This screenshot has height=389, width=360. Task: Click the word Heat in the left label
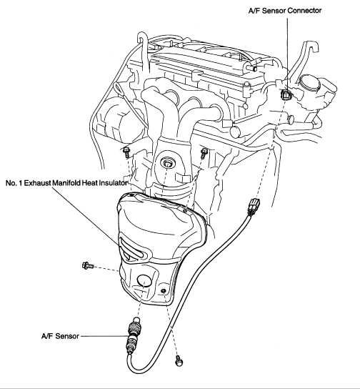90,183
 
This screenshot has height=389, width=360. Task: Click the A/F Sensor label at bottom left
60,336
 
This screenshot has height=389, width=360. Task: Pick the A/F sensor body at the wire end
134,335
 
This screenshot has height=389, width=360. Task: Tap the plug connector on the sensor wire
253,206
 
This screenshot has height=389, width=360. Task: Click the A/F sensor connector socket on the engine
286,94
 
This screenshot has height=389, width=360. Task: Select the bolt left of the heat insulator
87,266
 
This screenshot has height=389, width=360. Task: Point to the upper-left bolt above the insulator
126,152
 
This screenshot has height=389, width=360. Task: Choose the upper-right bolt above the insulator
204,152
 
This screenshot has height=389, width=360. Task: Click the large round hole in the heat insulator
144,280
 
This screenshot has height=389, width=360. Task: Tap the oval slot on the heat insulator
131,249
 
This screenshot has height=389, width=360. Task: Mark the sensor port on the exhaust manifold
166,163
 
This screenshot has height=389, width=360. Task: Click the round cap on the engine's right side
310,83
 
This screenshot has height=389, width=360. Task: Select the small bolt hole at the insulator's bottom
164,290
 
